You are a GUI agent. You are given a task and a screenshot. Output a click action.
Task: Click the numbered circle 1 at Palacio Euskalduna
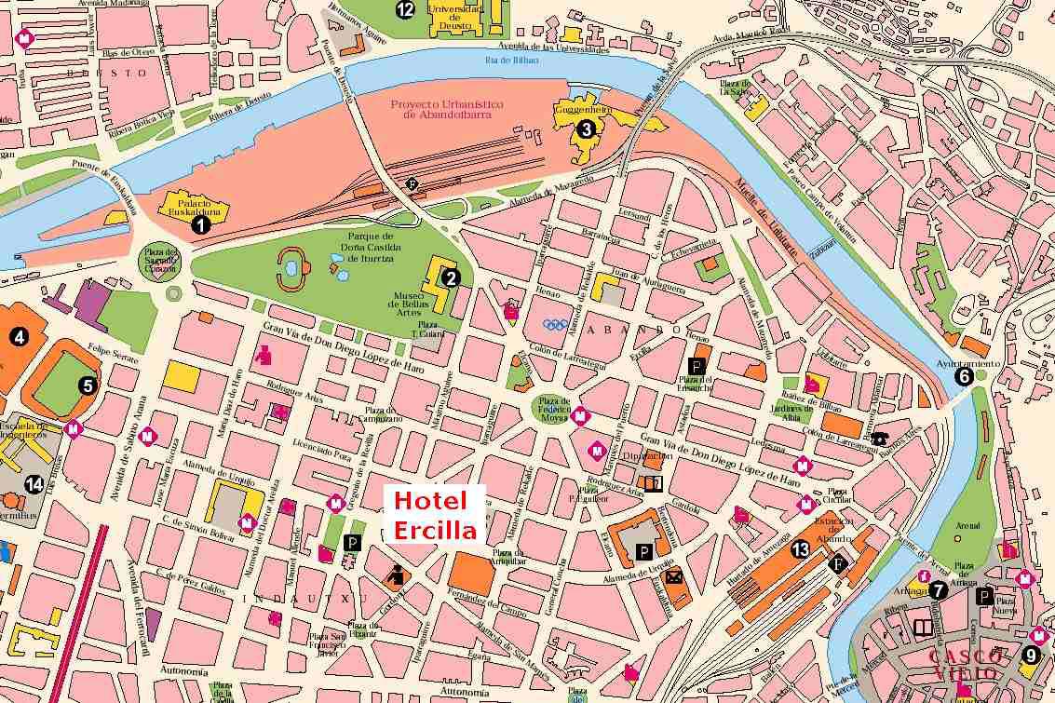[197, 223]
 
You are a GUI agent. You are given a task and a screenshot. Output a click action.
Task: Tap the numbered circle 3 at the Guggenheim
[586, 129]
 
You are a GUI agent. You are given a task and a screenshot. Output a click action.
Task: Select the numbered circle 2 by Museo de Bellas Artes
[451, 277]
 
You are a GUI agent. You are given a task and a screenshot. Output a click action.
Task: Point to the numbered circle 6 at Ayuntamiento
[964, 376]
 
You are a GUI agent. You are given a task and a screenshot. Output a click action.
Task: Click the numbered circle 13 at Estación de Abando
[800, 549]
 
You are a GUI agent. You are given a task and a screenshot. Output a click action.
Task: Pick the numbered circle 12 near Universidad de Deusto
[404, 10]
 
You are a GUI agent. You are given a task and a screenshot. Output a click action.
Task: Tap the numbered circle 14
[34, 483]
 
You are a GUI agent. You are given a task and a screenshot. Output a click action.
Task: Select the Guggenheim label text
[581, 109]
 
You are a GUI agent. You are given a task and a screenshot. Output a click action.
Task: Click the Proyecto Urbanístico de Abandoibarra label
[447, 110]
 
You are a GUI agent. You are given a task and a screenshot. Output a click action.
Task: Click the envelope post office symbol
[674, 576]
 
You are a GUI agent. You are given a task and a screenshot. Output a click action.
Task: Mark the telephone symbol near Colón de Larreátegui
[880, 439]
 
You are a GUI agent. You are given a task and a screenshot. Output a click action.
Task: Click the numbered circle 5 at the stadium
[88, 384]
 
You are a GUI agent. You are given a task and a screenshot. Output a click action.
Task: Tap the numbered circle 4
[16, 337]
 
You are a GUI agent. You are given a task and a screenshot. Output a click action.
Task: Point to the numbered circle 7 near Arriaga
[938, 589]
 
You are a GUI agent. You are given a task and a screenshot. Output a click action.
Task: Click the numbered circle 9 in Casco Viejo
[1030, 655]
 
